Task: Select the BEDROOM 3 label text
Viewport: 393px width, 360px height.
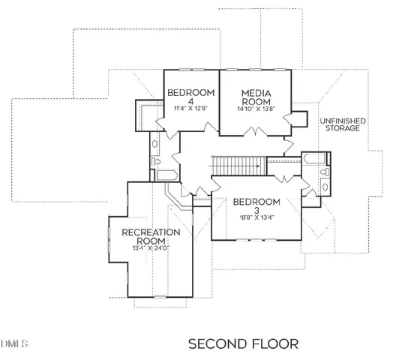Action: [x=256, y=205]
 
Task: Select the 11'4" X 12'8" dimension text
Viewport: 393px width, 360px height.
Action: [x=191, y=108]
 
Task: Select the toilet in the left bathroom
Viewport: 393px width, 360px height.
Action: [x=157, y=161]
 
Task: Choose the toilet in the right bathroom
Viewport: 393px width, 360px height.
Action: [x=324, y=173]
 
